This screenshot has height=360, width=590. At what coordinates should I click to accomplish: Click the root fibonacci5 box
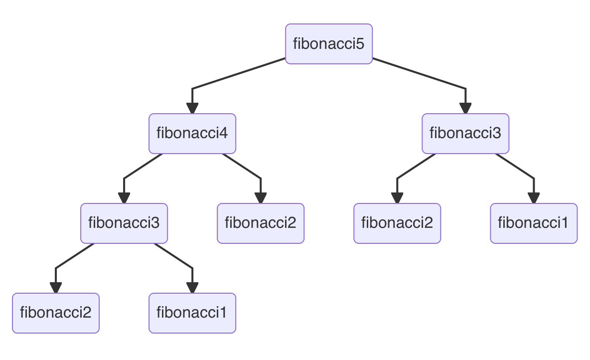pos(328,44)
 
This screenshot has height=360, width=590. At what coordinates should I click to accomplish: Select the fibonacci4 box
pos(192,134)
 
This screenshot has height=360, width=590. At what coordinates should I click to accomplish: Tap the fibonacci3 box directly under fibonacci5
pos(465,134)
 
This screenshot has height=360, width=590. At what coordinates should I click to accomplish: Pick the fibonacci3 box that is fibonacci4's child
pos(124,223)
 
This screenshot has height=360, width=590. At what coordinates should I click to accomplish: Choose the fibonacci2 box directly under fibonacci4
pos(260,223)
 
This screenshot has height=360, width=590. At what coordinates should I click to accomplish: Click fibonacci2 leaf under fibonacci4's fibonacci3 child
pos(55,313)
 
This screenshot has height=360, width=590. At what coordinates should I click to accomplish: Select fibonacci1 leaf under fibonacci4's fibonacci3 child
pos(192,313)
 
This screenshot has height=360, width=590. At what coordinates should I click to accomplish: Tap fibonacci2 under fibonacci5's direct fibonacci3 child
pos(397,223)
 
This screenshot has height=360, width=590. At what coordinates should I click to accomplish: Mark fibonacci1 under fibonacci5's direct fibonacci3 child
pos(533,223)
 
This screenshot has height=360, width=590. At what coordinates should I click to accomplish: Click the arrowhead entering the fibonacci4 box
pos(192,108)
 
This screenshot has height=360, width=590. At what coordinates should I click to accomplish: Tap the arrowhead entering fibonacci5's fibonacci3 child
pos(465,108)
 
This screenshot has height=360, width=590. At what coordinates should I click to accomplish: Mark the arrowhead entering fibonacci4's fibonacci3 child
pos(124,198)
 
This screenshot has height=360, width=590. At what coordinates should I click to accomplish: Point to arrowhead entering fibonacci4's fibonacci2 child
pos(260,198)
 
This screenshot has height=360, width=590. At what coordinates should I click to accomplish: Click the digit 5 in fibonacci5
pos(360,44)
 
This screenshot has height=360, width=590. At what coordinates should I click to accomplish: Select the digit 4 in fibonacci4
pos(224,134)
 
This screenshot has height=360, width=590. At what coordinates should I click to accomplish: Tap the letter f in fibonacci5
pos(295,44)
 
